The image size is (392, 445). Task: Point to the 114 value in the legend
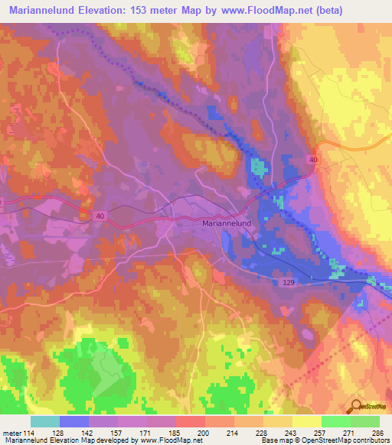pyautogui.click(x=29, y=434)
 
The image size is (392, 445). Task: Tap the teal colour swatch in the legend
pyautogui.click(x=44, y=421)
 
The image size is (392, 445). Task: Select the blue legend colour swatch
pyautogui.click(x=73, y=421)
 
